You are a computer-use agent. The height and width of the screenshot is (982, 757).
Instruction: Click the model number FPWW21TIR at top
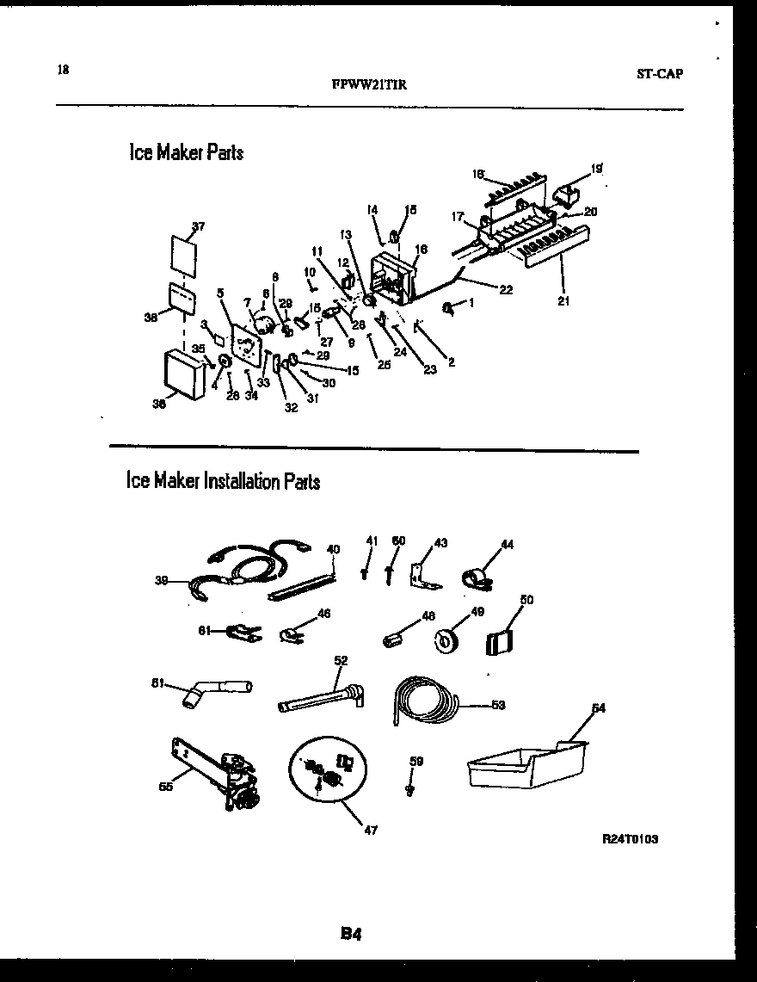pos(369,85)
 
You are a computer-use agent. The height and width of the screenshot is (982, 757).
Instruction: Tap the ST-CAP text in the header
pos(660,74)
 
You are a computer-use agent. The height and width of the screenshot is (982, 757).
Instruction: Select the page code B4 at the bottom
pos(349,933)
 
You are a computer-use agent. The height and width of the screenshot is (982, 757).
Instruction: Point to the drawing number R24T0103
pos(630,837)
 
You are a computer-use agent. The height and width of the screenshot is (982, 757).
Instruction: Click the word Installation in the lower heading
pos(243,481)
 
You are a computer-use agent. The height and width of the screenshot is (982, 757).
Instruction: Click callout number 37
pos(198,227)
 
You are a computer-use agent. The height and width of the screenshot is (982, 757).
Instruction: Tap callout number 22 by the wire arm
pos(506,289)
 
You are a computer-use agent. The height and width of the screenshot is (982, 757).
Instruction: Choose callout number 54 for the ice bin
pos(599,708)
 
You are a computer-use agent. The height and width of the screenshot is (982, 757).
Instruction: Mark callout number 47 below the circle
pos(370,830)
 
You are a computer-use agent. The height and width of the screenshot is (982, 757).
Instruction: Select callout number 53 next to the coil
pos(498,705)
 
